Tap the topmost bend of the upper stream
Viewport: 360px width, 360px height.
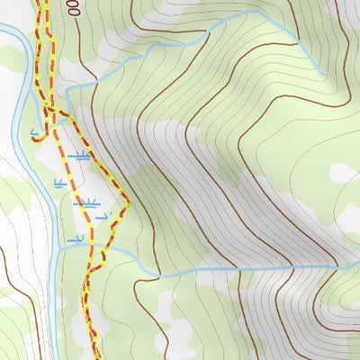262,13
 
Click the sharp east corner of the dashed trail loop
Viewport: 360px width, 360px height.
129,203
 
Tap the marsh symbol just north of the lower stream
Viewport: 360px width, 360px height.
76,239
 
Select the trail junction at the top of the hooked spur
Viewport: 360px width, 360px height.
49,110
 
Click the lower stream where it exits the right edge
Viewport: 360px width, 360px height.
357,267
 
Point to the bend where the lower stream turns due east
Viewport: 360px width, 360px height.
159,274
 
